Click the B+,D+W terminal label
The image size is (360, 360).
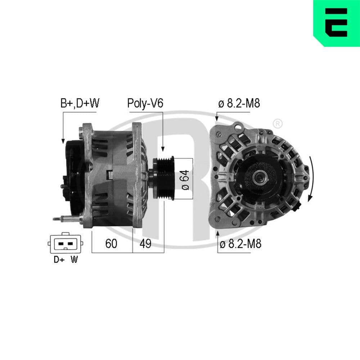click(80, 104)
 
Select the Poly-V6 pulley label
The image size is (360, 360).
click(145, 104)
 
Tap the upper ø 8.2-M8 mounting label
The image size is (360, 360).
click(239, 104)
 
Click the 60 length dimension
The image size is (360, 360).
click(111, 244)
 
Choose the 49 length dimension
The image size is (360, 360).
click(145, 244)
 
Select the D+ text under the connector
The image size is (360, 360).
click(59, 260)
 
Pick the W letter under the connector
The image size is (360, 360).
click(74, 260)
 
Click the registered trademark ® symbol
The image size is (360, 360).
click(277, 124)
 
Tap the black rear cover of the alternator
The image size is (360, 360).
click(72, 173)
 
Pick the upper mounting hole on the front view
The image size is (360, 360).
click(218, 134)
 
